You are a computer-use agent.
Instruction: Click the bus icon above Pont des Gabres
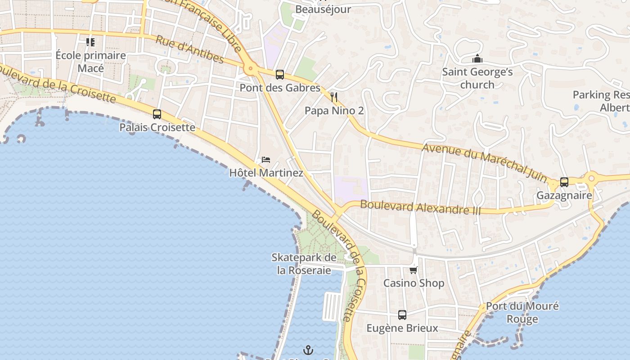279,75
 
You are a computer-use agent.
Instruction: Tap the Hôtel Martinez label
266,173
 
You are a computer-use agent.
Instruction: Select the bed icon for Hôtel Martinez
266,160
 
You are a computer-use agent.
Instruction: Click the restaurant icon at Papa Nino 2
334,97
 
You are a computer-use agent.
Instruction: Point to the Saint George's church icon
477,59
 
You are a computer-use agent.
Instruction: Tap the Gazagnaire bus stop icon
564,182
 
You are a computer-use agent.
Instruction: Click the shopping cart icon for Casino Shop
413,270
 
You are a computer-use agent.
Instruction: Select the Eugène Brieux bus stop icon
402,315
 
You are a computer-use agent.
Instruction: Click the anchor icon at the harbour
308,350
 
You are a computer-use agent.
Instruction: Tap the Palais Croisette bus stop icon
157,114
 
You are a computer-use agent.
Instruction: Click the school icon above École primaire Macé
90,42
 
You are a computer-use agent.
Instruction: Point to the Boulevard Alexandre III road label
420,207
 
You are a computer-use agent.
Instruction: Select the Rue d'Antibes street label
189,49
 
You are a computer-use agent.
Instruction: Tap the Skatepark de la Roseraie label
304,264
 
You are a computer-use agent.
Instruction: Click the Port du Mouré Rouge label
522,312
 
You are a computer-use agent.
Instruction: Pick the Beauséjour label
323,9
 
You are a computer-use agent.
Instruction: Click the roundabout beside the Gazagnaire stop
591,179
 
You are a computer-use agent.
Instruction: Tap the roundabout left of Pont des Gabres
250,69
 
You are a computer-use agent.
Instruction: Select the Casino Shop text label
414,283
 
